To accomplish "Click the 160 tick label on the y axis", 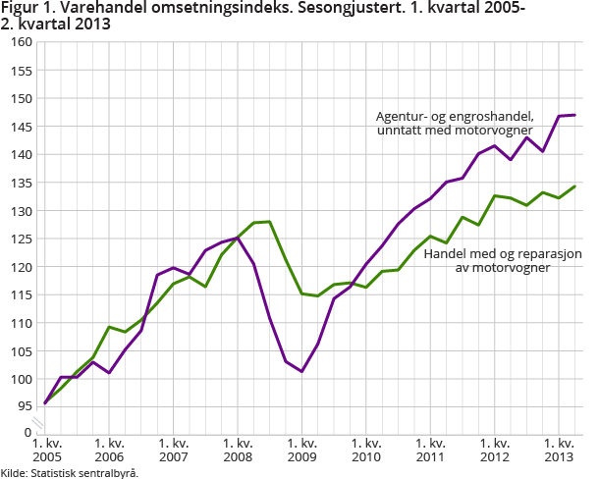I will tap(22, 42).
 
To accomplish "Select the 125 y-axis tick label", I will tap(22, 239).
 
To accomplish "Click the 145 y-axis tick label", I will tap(22, 127).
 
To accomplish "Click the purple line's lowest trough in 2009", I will tap(301, 371).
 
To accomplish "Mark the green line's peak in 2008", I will tap(269, 222).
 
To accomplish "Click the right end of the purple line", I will tap(574, 115).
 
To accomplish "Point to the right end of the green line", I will tap(574, 186).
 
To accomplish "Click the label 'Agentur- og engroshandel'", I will tap(455, 115).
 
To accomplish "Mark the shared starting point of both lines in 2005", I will tap(45, 402).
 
